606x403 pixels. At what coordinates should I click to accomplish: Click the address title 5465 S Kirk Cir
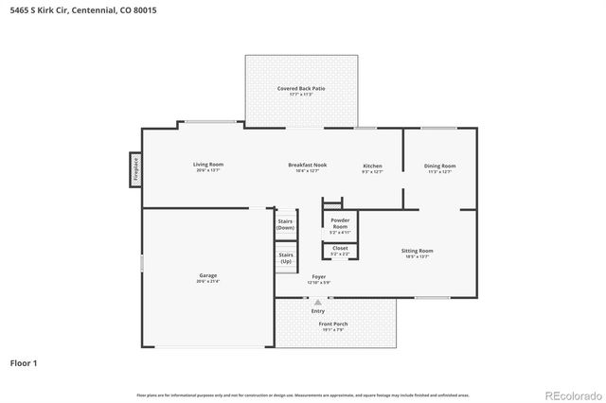point(71,11)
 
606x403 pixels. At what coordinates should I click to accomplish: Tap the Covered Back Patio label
point(301,88)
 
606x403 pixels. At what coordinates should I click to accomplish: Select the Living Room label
point(208,165)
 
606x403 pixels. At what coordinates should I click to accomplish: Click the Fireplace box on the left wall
point(135,168)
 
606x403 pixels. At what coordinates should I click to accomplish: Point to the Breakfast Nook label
point(308,165)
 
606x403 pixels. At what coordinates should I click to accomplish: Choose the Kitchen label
point(372,166)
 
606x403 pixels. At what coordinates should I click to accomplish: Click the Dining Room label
point(439,166)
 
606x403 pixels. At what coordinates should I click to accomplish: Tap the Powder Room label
point(339,224)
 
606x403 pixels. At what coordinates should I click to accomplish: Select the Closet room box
point(339,251)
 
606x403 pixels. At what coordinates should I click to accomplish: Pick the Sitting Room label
point(418,251)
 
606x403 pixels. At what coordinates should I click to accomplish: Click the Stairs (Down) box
point(285,224)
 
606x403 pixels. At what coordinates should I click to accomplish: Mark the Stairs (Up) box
point(285,256)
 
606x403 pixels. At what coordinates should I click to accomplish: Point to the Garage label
point(207,275)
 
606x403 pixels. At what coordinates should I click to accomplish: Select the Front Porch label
point(334,324)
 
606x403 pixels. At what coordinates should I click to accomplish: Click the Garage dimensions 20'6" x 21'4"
point(207,281)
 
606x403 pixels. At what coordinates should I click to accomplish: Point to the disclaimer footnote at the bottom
point(302,394)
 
